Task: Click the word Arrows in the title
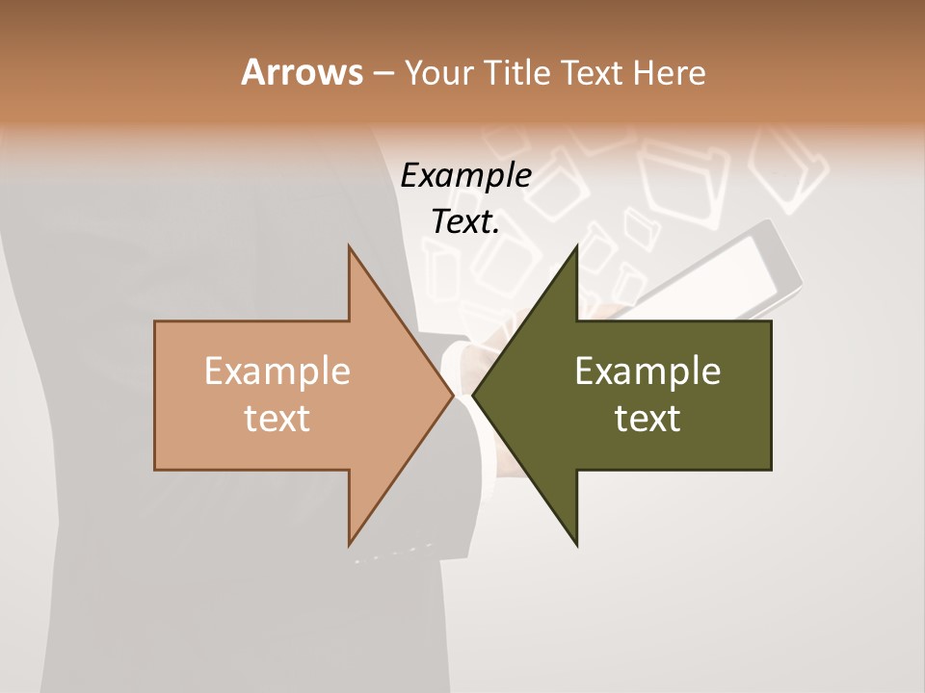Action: (302, 72)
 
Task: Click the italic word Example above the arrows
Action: (465, 175)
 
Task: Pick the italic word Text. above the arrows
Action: (465, 222)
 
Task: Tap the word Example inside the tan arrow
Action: (277, 372)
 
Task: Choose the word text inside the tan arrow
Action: (277, 419)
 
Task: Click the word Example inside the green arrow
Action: (647, 372)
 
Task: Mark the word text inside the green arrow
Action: (647, 419)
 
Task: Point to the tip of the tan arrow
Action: (450, 396)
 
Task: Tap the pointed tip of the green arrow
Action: (475, 396)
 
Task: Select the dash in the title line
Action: (383, 73)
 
